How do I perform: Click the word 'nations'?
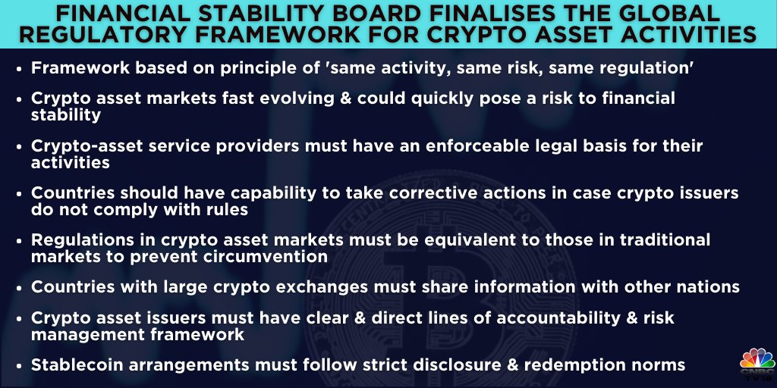pos(703,287)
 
